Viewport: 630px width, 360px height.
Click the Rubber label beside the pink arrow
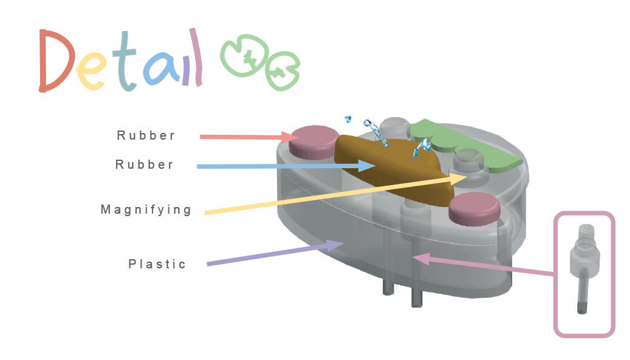pos(146,135)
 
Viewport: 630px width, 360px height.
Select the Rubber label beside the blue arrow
pos(145,165)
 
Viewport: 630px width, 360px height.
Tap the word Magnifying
pos(146,210)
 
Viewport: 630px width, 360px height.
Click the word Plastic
pos(157,264)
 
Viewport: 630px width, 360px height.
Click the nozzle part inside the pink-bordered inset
pos(581,267)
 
